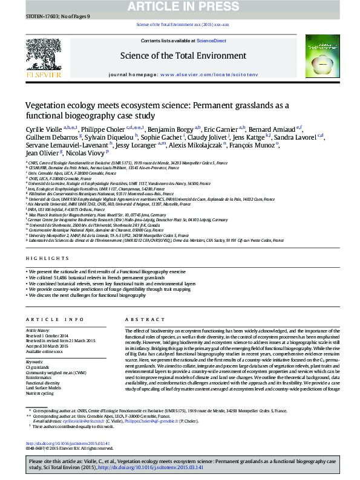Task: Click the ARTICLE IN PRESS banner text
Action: click(x=180, y=7)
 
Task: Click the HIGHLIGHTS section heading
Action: click(x=44, y=259)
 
